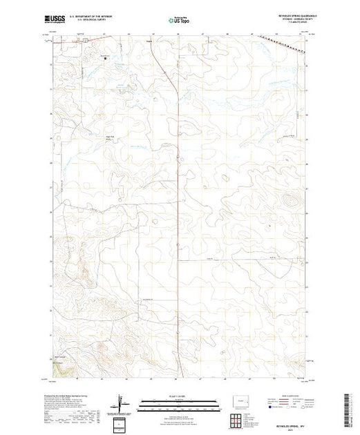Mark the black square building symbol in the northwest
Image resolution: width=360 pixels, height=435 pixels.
tap(106, 59)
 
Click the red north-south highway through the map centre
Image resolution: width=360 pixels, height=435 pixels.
tap(179, 207)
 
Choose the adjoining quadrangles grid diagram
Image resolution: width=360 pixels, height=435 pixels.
tap(237, 419)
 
